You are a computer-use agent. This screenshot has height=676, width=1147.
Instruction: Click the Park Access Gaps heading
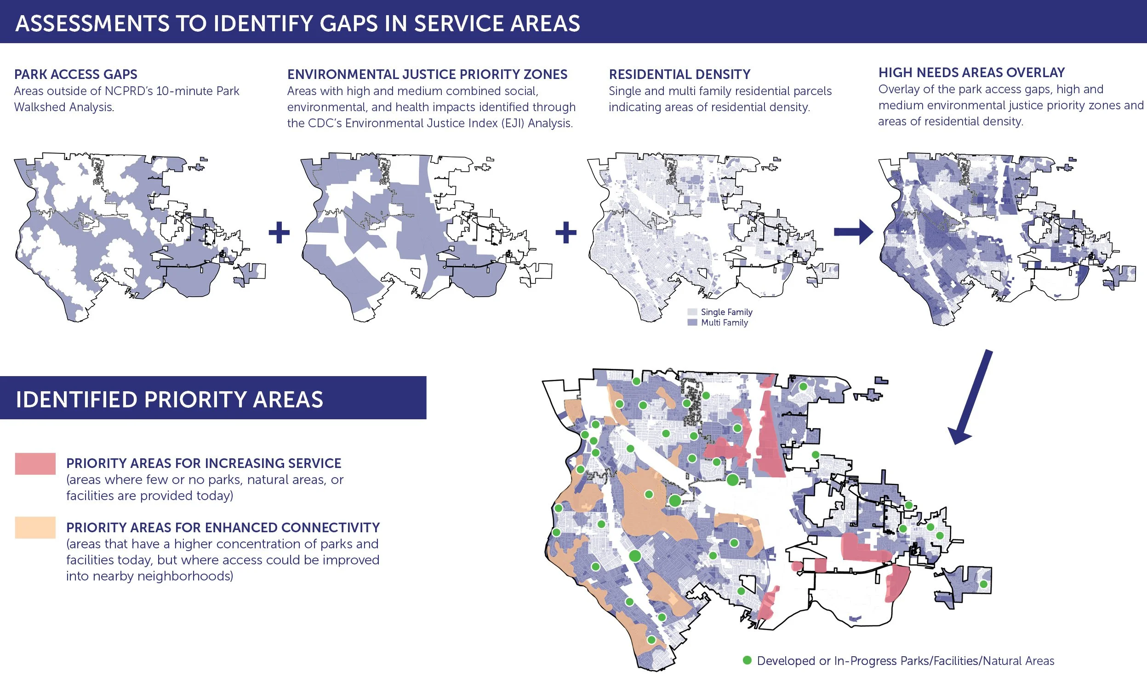[x=75, y=74]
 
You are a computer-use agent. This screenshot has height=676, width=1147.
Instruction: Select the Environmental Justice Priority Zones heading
[x=427, y=74]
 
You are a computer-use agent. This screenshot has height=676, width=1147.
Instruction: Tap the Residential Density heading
[x=679, y=74]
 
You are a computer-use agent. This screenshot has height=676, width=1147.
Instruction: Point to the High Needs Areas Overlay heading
[x=971, y=73]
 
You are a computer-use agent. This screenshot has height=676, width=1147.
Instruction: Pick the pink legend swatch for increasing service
[x=35, y=463]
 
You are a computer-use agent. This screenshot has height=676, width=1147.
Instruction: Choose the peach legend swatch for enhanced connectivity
[x=35, y=527]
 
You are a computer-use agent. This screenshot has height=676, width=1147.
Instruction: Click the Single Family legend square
[x=692, y=312]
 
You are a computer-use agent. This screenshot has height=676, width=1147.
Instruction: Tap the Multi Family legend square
[x=692, y=322]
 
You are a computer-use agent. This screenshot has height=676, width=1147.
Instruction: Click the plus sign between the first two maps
[x=279, y=232]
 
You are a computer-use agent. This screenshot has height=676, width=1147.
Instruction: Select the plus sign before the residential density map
[x=566, y=232]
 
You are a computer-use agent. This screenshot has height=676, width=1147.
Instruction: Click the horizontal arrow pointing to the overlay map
[x=853, y=232]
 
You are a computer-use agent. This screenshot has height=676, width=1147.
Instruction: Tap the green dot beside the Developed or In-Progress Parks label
[x=747, y=660]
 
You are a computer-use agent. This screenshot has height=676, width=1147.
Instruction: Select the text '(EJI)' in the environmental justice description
[x=508, y=123]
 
